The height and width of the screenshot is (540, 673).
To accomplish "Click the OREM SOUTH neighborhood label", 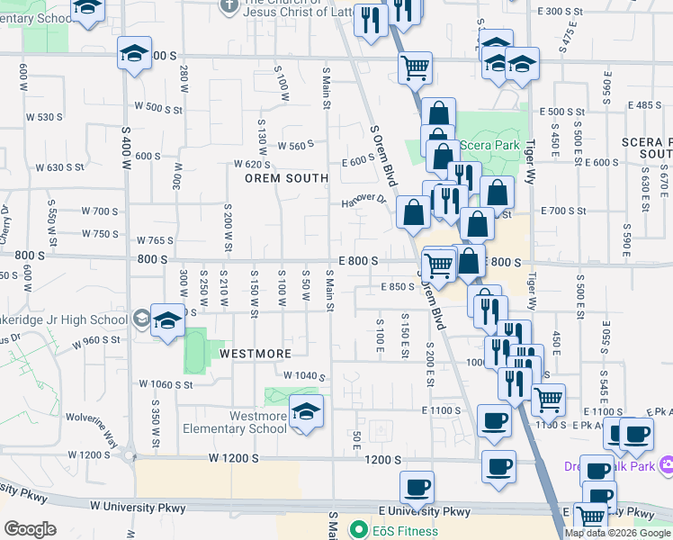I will [x=287, y=178].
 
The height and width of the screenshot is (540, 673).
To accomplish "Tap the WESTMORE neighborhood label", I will [x=256, y=354].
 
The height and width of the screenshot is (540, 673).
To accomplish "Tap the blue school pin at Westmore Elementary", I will [x=307, y=411].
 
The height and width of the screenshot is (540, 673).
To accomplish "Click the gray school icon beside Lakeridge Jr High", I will [x=141, y=318].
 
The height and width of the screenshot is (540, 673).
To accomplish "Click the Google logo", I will [x=30, y=529].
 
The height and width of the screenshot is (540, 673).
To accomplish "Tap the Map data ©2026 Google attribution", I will [x=617, y=533].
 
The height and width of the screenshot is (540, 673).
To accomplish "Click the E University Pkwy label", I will [x=425, y=511].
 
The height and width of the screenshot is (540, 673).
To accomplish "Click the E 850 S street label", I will [x=396, y=287].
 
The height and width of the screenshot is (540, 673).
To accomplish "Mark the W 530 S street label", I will [x=44, y=117].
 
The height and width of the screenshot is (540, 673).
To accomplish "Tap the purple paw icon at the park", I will [x=667, y=465].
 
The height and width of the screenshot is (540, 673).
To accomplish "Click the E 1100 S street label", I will [x=441, y=410].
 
